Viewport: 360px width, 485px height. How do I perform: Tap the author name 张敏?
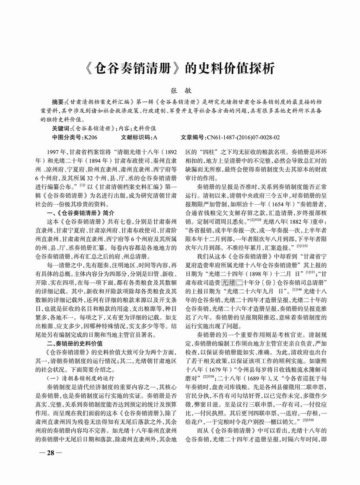(x=180, y=92)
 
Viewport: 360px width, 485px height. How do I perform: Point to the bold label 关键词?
(x=60, y=129)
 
